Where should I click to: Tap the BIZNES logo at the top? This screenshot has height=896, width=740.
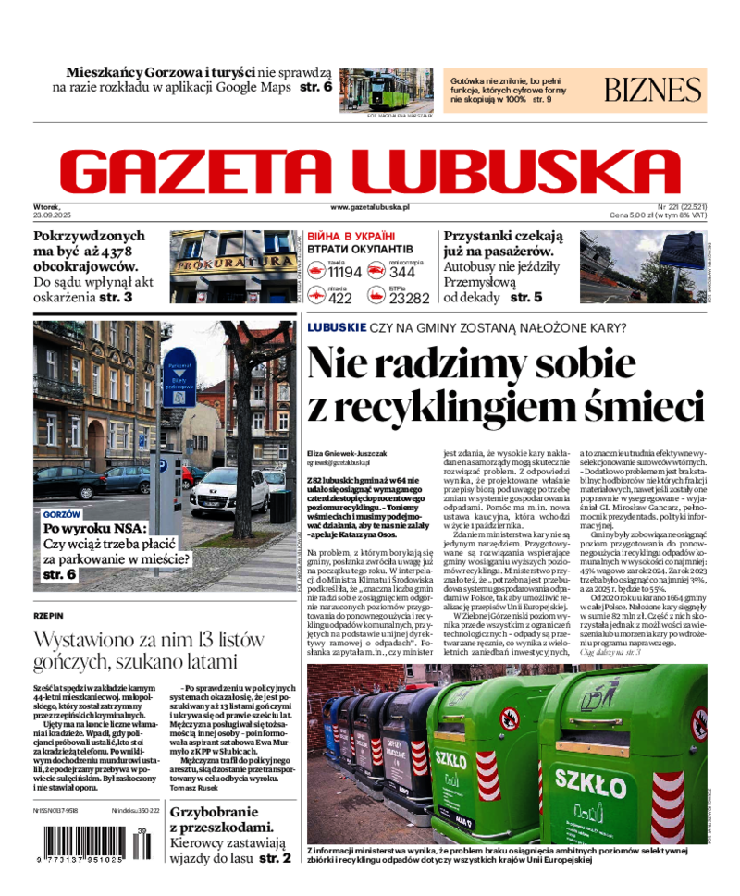tap(652, 90)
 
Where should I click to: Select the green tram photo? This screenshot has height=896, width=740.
tap(386, 89)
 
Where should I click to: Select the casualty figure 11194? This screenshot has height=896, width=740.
tap(344, 272)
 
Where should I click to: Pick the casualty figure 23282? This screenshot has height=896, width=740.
tap(409, 298)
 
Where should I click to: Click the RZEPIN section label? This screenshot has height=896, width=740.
tap(48, 614)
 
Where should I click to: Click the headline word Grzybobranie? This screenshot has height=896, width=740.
tap(219, 811)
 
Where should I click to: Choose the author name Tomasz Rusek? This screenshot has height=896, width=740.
tap(194, 787)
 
